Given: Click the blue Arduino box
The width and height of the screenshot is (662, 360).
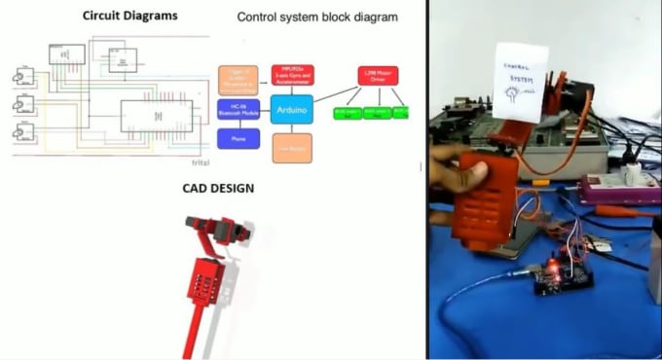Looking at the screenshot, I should click(x=292, y=109).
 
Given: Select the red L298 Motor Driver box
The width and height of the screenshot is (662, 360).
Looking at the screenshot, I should click(x=377, y=75).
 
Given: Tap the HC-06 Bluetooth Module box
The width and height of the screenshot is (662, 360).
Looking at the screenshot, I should click(x=239, y=110).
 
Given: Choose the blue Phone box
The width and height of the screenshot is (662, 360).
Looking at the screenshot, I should click(x=239, y=139).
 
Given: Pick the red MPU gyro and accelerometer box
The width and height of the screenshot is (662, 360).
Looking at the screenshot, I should click(x=291, y=74).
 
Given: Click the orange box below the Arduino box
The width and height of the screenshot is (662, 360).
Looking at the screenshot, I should click(x=291, y=147).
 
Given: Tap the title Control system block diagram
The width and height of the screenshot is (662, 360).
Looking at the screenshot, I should click(x=317, y=18).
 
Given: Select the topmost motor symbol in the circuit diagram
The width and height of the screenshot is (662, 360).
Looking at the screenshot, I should click(x=22, y=75).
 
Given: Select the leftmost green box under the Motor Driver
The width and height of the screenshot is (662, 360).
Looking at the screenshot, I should click(x=346, y=113).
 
